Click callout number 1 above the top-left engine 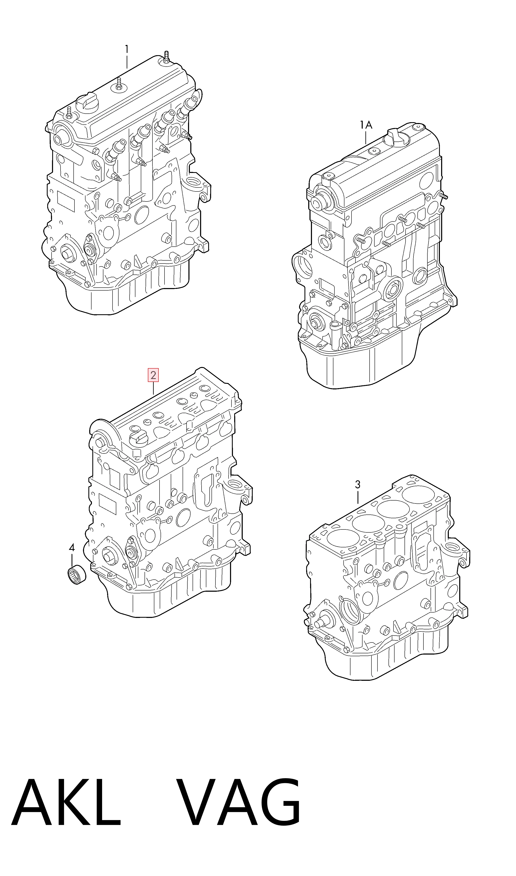pyautogui.click(x=127, y=49)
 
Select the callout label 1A pyautogui.click(x=366, y=125)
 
